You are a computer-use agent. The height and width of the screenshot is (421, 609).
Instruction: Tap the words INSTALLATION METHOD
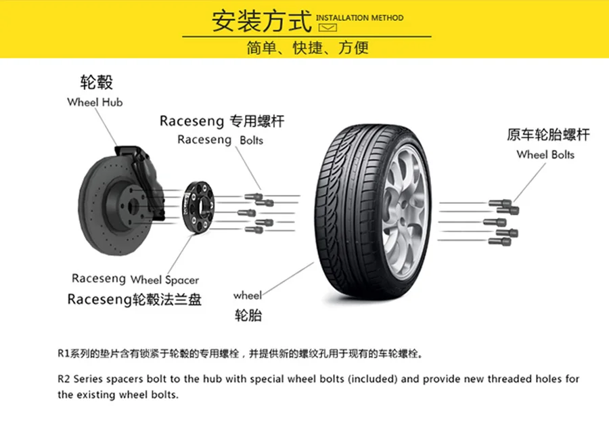pos(359,18)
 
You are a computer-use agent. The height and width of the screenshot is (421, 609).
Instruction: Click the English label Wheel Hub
pos(95,102)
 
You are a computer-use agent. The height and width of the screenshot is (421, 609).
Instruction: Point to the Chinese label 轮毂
pos(95,83)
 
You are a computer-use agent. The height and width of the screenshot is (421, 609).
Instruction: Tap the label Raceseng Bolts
pos(220,140)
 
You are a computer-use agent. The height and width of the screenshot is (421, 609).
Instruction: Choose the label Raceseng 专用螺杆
pos(222,121)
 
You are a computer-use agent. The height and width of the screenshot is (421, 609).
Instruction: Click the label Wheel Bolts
pos(545,154)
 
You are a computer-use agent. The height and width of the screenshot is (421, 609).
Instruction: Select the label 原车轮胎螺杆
pos(548,135)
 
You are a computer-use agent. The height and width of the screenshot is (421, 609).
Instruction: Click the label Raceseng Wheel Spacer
pos(135,279)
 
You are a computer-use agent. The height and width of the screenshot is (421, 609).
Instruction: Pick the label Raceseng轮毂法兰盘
pos(134,299)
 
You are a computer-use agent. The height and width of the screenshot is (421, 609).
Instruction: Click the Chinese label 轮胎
pos(248,315)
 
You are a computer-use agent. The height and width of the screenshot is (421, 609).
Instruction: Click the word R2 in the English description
pos(64,379)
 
